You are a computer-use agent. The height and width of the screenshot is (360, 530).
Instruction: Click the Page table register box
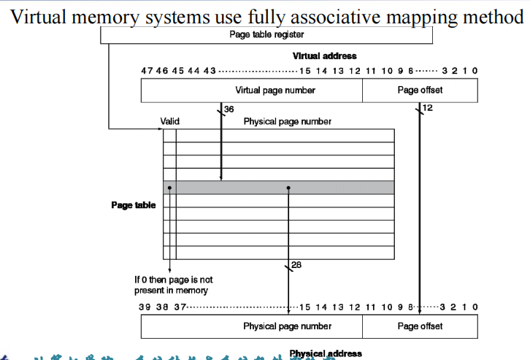click(266, 34)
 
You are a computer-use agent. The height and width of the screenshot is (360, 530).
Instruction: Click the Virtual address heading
click(324, 56)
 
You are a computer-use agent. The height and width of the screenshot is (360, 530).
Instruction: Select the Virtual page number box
click(251, 91)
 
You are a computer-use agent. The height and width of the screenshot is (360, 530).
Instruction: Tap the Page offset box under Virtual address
click(420, 91)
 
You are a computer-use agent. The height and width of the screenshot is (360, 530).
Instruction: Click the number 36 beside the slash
click(228, 110)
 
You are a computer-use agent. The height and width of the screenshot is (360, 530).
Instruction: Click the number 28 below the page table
click(296, 266)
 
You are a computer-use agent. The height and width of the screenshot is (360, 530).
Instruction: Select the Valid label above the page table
click(169, 121)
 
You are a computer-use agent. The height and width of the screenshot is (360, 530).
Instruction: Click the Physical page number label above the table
click(287, 121)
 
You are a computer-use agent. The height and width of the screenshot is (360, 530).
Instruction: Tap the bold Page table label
click(133, 205)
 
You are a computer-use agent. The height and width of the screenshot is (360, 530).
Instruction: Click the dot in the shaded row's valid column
click(169, 188)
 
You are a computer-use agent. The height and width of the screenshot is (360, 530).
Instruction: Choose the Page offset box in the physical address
click(420, 326)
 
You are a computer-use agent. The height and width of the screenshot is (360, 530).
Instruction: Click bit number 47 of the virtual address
click(147, 71)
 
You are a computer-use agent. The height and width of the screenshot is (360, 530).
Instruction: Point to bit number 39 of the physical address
click(145, 307)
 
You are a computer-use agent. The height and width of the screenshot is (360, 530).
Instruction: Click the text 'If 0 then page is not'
click(173, 280)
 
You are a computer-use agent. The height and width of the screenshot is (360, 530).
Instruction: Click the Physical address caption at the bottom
click(325, 354)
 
